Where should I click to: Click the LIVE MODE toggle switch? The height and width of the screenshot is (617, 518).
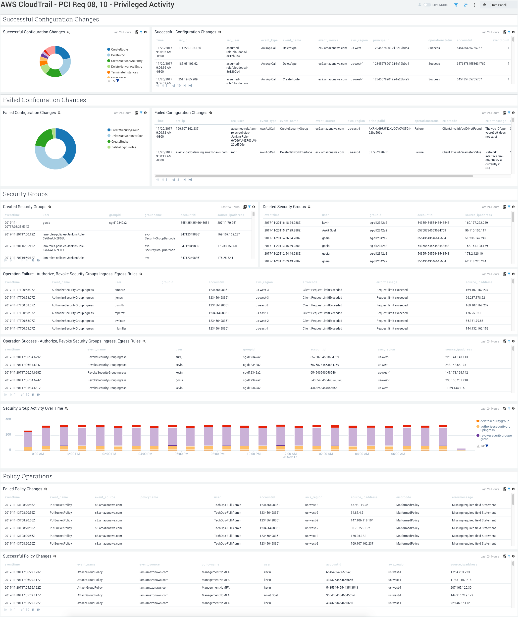click(x=427, y=5)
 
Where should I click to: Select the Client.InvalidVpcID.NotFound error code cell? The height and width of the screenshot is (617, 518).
click(x=462, y=129)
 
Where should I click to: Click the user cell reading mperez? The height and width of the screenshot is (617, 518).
click(x=119, y=313)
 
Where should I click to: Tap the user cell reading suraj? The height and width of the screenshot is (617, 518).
click(x=179, y=357)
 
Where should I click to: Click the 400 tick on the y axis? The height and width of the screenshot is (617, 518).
click(x=8, y=420)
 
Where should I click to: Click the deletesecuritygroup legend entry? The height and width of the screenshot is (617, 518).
click(x=495, y=421)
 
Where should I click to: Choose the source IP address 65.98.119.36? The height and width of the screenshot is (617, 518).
click(x=360, y=505)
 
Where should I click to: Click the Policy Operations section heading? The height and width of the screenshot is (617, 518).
click(x=28, y=477)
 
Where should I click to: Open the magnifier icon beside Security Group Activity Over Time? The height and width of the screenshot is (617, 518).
click(x=66, y=409)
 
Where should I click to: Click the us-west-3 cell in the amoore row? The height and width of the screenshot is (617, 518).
click(x=262, y=290)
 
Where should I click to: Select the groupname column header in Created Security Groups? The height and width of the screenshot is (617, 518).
click(x=153, y=215)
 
